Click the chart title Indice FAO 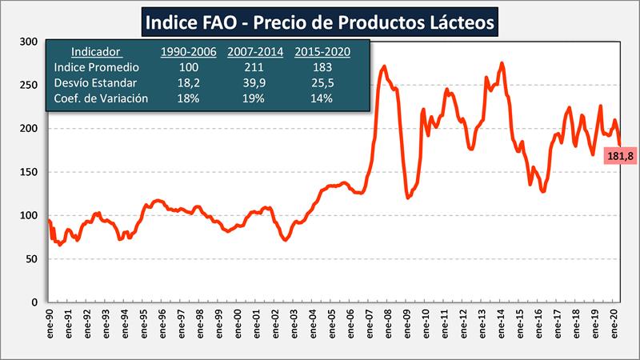click(320, 22)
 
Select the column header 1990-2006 click(188, 52)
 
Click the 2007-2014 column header click(254, 52)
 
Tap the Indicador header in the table click(95, 52)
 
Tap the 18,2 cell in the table click(188, 83)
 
